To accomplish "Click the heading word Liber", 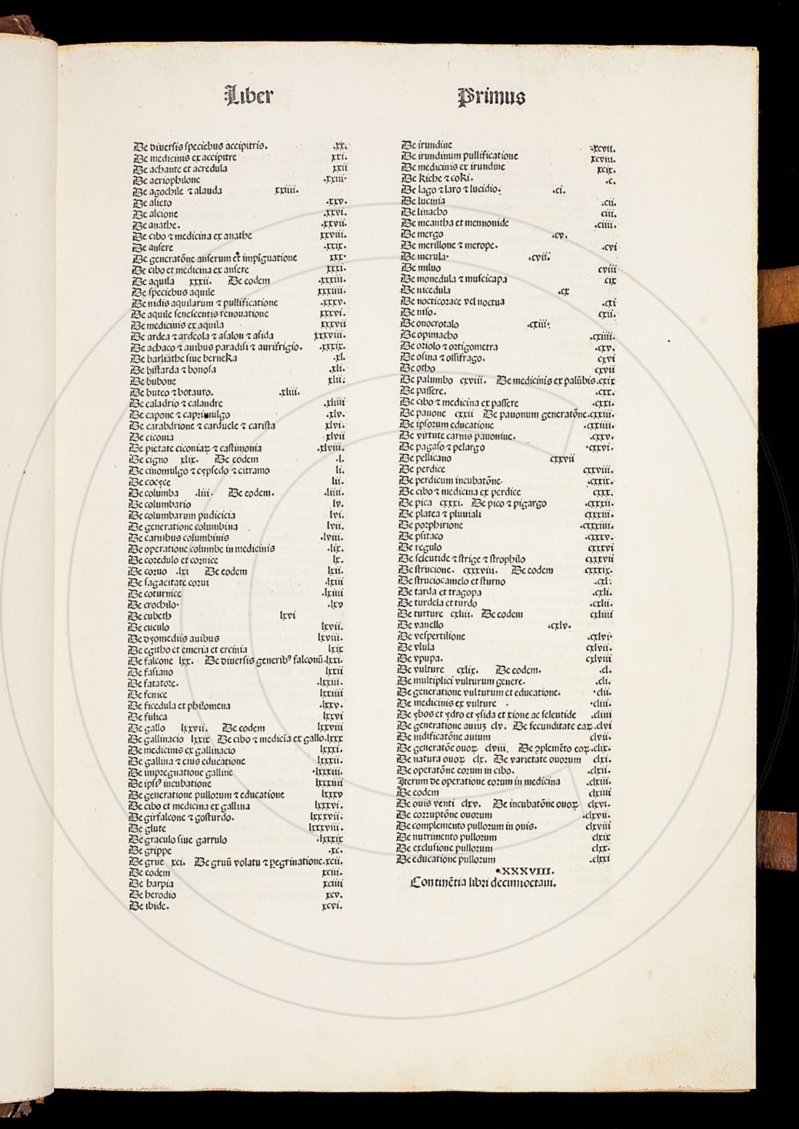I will click(249, 95).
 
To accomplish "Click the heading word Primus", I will click(491, 97).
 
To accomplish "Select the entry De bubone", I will click(153, 381).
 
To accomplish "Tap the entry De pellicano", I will click(425, 459).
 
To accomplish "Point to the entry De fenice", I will click(148, 694).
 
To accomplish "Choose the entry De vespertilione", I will click(431, 636).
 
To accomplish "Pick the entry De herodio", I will click(153, 895).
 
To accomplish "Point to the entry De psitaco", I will click(421, 537).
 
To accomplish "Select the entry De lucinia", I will click(423, 201).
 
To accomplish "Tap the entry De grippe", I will click(150, 850).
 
